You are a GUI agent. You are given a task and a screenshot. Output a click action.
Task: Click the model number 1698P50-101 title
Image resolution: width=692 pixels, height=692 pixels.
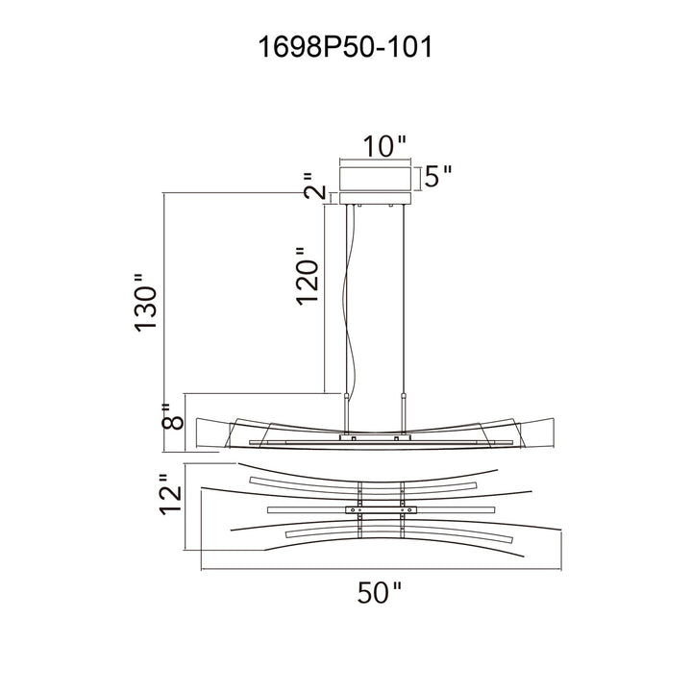pyautogui.click(x=345, y=47)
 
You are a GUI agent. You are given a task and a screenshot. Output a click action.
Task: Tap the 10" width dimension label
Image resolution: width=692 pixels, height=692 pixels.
pyautogui.click(x=383, y=146)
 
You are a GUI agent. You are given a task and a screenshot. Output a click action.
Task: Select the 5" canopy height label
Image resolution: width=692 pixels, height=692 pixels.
pyautogui.click(x=438, y=176)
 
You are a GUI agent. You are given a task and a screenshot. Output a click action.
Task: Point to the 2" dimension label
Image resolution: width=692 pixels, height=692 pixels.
pyautogui.click(x=314, y=185)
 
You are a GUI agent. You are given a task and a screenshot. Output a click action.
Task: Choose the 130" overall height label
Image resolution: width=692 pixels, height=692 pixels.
pyautogui.click(x=145, y=303)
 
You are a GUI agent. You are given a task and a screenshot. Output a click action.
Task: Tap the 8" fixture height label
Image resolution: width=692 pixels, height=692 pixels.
pyautogui.click(x=172, y=416)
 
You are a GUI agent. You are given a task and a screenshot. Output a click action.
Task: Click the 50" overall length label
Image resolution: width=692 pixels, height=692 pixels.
pyautogui.click(x=379, y=592)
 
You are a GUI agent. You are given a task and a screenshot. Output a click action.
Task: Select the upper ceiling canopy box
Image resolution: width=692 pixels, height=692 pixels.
pyautogui.click(x=375, y=179)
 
